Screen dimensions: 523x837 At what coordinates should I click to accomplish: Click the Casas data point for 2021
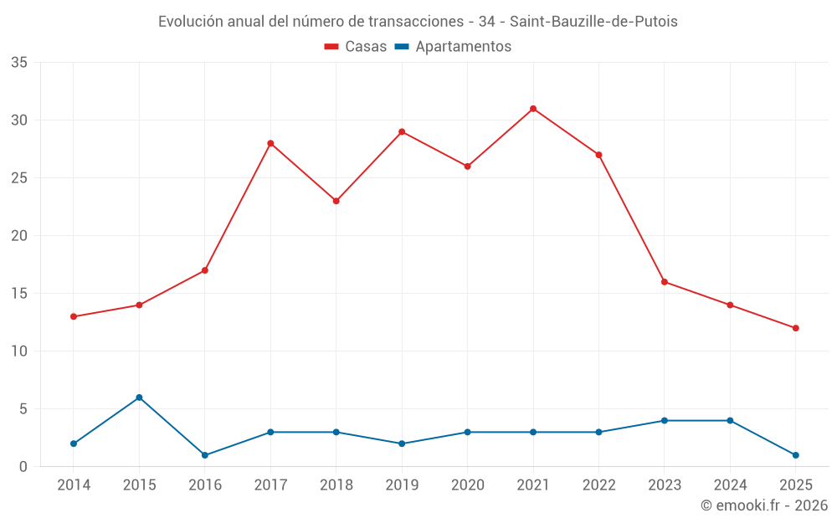click(x=533, y=109)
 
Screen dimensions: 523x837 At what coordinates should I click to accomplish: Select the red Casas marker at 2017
click(x=270, y=143)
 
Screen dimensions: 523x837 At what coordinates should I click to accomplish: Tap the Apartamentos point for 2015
click(x=139, y=397)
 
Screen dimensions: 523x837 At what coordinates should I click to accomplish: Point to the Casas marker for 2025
click(x=795, y=328)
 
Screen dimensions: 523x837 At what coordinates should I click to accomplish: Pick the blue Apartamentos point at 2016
click(x=205, y=455)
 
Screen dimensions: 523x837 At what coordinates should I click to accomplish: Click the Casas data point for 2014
click(x=74, y=316)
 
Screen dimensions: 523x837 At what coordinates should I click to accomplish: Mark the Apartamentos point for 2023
click(x=664, y=421)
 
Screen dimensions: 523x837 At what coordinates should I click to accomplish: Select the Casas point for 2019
click(x=402, y=131)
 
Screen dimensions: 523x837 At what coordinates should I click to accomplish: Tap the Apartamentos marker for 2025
click(x=795, y=455)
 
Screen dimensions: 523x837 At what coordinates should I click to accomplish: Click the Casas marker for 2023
click(x=664, y=282)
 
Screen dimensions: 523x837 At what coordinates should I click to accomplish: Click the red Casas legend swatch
click(x=331, y=47)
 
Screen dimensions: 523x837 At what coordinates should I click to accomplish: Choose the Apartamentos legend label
click(x=463, y=47)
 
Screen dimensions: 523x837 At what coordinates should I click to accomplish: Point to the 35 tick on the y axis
click(x=19, y=63)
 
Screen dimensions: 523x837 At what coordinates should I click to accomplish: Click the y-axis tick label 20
click(x=19, y=236)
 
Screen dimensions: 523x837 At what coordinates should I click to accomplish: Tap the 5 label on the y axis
click(x=23, y=409)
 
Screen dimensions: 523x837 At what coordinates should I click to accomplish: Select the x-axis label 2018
click(x=336, y=485)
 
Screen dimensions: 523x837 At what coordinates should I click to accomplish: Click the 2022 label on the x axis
click(x=598, y=485)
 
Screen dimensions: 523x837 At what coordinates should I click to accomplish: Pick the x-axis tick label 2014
click(x=74, y=485)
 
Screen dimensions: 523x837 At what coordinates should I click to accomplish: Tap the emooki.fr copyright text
click(x=763, y=505)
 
